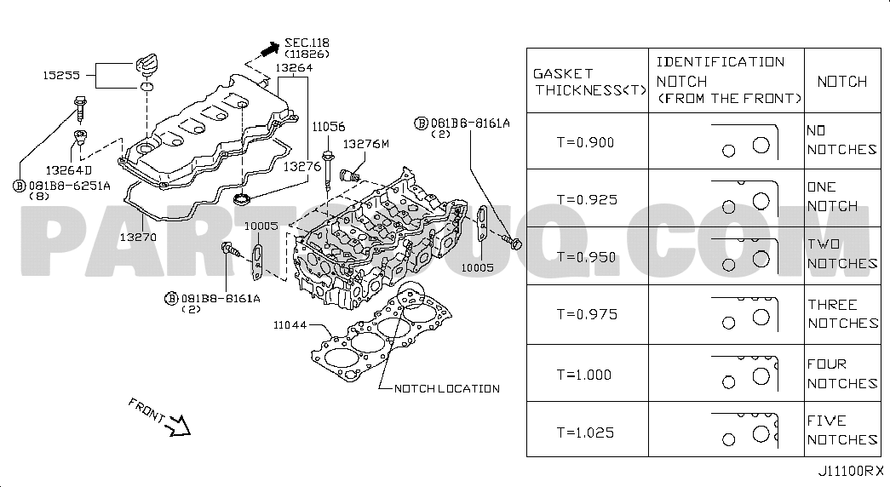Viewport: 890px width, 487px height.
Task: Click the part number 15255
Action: pos(61,75)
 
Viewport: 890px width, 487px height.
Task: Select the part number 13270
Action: pos(138,237)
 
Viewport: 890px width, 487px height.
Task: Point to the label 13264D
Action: pos(69,169)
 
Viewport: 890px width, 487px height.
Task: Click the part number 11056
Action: pos(329,127)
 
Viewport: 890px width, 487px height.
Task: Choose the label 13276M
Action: pos(365,144)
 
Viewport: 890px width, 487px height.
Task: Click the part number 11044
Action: pos(290,325)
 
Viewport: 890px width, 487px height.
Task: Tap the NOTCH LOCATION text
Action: pos(447,389)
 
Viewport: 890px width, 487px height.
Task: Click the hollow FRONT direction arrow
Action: pos(180,426)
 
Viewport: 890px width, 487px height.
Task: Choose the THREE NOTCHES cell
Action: pos(842,314)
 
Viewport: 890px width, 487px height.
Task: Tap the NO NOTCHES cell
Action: pos(841,140)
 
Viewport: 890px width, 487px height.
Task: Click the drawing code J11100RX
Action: pos(851,471)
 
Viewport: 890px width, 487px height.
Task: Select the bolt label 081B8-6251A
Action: pos(69,186)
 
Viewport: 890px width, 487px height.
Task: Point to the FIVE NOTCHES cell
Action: pos(842,430)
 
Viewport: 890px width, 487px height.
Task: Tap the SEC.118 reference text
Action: pos(307,43)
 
